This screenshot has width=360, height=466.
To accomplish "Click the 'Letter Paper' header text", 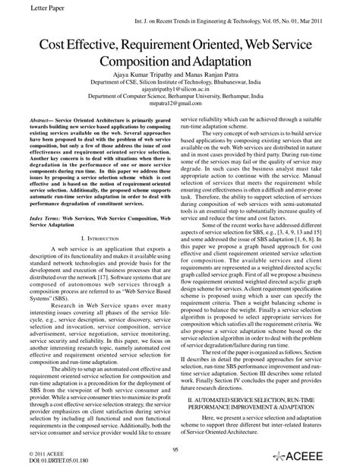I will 23,8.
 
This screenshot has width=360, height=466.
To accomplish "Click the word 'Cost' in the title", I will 48,46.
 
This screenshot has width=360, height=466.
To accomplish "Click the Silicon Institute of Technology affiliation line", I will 179,87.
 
